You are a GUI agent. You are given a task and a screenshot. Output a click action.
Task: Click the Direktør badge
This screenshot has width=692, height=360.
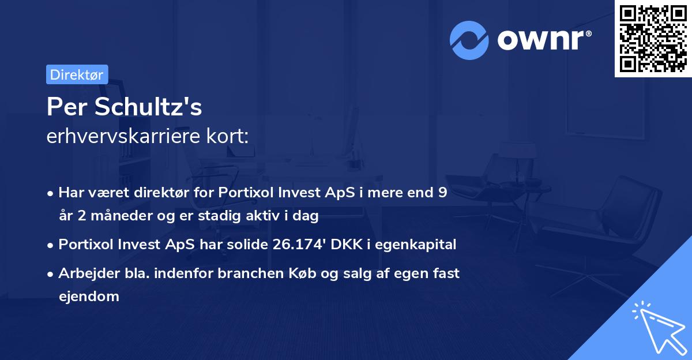click(x=77, y=74)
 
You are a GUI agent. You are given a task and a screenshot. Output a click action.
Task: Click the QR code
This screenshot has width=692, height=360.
click(x=652, y=38)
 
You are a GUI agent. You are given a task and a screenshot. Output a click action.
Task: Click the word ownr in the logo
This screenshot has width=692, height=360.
click(x=541, y=40)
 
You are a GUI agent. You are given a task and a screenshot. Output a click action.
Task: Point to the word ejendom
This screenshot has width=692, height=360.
click(x=89, y=297)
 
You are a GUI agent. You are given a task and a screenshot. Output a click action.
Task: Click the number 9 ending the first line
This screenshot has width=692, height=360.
click(x=442, y=193)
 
